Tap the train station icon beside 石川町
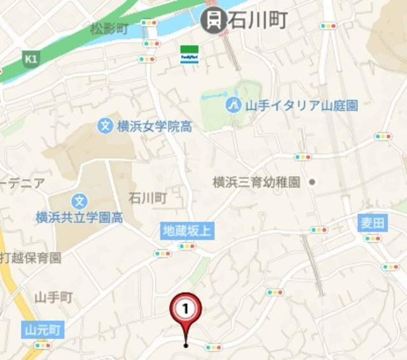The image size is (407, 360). pos(214,20)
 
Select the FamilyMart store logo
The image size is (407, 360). pos(189,54)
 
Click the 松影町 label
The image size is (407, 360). pos(109,29)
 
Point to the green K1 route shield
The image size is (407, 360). pos(30,60)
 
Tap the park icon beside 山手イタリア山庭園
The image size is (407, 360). pos(233,105)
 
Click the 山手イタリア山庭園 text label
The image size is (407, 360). pos(301,105)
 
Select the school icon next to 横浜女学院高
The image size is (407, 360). pos(106,126)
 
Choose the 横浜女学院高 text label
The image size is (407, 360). pos(155,127)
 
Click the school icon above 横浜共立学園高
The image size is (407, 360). pos(79,202)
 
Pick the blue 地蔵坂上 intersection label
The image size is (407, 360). pos(187,231)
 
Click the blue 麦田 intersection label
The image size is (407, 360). pos(373,223)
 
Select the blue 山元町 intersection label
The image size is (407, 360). pos(43,330)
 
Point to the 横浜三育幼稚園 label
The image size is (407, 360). pos(256,183)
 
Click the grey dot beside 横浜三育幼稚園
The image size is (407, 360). pos(312,183)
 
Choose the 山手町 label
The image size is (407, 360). pos(53,296)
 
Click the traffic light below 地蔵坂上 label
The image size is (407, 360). pos(187,246)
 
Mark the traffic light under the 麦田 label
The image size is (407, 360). pos(373,239)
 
